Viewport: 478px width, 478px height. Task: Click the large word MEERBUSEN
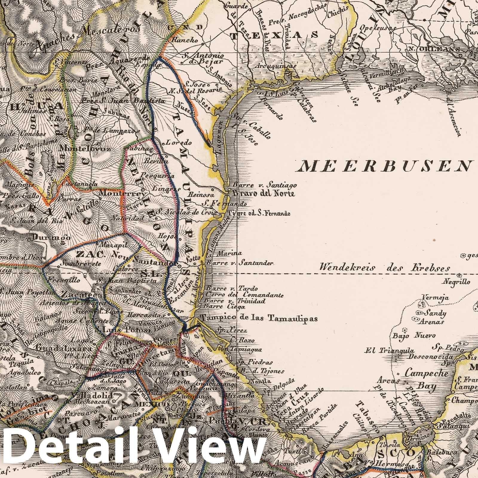(381, 166)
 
